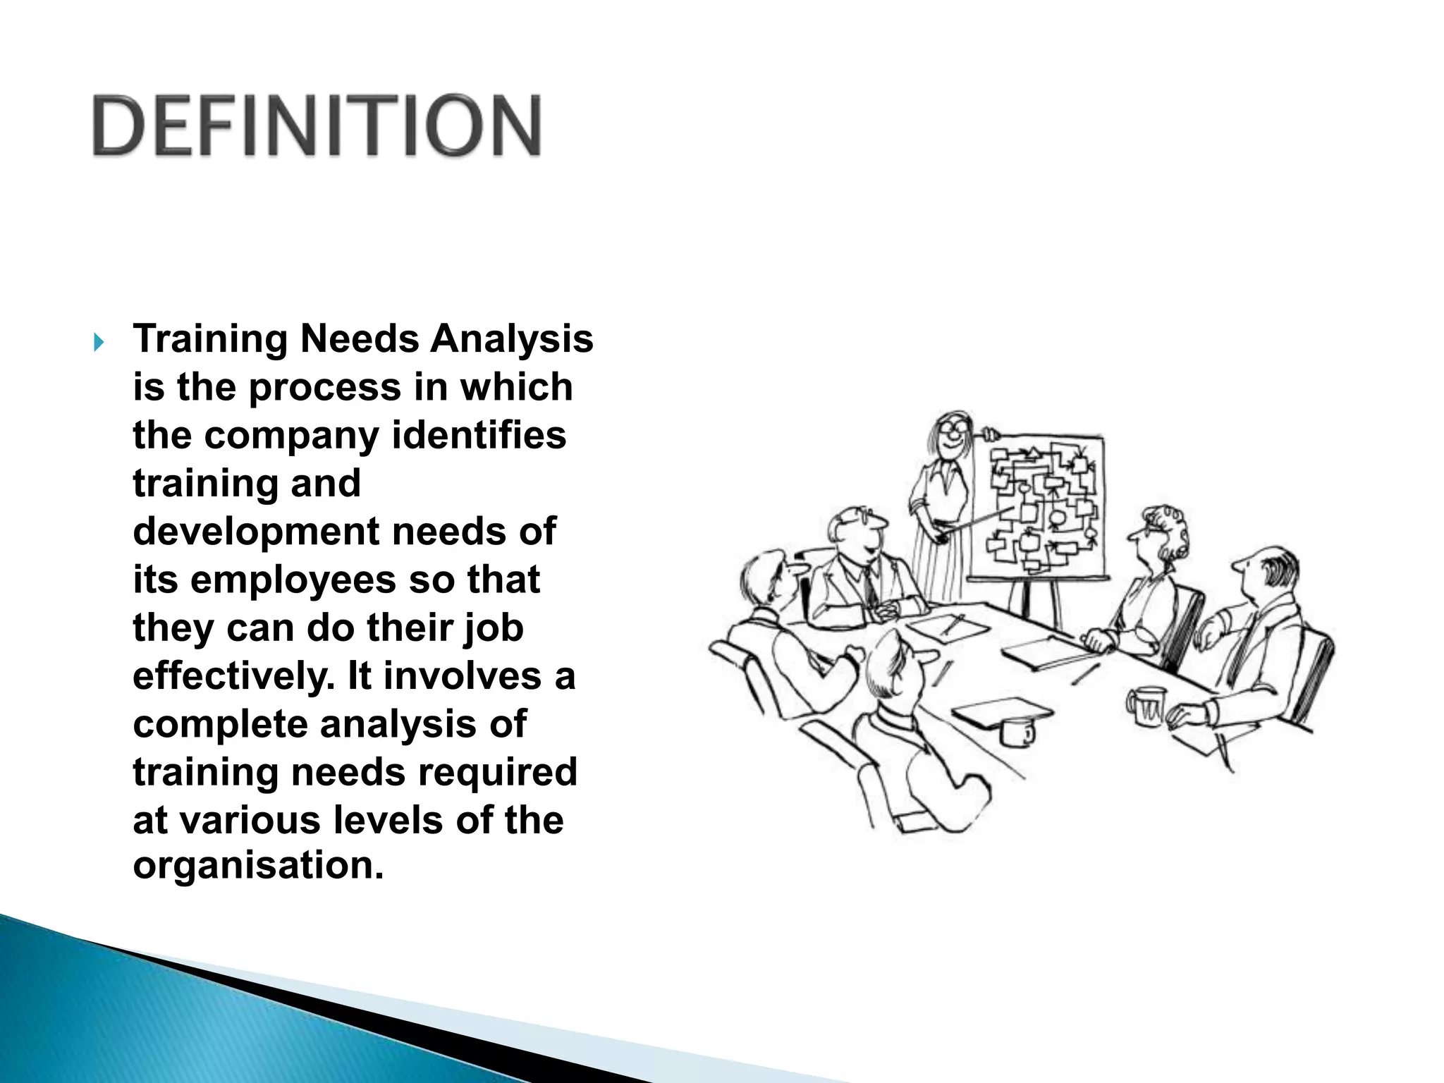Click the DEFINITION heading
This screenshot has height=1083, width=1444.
[317, 126]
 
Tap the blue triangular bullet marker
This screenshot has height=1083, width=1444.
[99, 343]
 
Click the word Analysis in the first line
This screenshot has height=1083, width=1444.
[512, 339]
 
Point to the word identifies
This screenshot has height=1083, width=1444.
[479, 435]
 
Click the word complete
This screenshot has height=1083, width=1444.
[220, 724]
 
